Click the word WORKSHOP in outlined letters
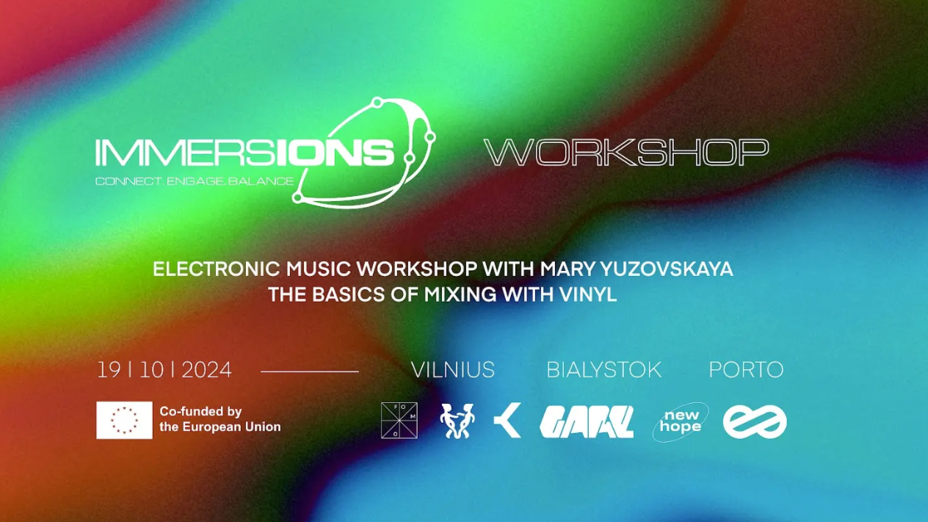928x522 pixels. pos(626,152)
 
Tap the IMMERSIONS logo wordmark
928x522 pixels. pos(244,152)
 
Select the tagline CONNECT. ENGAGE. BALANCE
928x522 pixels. pos(195,181)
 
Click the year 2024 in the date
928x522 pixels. pos(206,370)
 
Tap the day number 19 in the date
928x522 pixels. pos(109,370)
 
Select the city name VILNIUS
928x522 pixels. pos(452,370)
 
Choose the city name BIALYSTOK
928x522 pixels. pos(603,370)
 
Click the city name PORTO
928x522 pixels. pos(746,370)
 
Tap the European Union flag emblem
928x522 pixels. pos(124,420)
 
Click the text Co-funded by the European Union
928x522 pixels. pos(220,419)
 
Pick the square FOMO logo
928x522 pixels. pos(399,421)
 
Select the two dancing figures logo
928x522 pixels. pos(457,421)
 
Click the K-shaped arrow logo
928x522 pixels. pos(507,421)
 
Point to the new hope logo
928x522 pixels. pos(681,422)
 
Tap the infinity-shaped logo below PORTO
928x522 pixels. pos(754,422)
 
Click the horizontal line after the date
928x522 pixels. pos(309,371)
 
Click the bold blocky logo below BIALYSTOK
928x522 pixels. pos(586,422)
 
